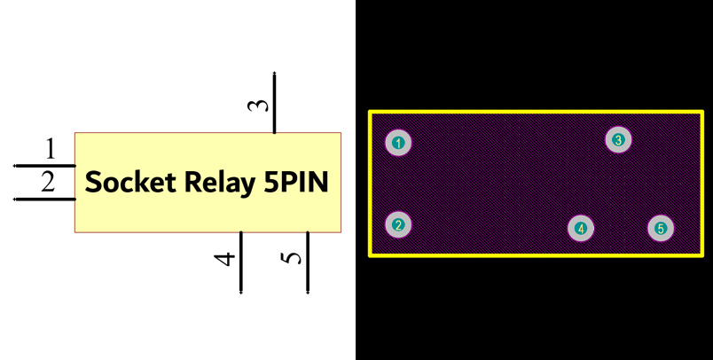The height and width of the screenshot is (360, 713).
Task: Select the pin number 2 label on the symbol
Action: [x=48, y=183]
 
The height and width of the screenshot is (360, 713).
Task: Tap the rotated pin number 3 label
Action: [x=257, y=105]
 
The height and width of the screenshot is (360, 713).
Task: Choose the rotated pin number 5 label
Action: [x=292, y=258]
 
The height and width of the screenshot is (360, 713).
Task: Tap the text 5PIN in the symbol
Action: [x=297, y=183]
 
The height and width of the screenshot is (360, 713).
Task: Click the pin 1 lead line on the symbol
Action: [x=44, y=166]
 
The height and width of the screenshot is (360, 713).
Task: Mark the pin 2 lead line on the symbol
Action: [x=44, y=199]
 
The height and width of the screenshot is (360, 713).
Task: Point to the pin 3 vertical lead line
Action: [x=275, y=103]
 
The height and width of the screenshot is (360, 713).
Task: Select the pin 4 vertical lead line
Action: [x=241, y=262]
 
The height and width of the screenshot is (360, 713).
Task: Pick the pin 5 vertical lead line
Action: [x=308, y=262]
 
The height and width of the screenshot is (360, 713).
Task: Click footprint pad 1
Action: [x=399, y=143]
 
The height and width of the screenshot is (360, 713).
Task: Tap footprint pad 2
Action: [x=399, y=225]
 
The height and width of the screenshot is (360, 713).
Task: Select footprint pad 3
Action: [x=618, y=139]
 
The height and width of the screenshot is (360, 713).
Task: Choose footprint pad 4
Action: [x=581, y=229]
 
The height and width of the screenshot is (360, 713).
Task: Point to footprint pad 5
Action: [x=661, y=229]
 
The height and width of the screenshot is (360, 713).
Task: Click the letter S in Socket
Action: [x=93, y=183]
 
